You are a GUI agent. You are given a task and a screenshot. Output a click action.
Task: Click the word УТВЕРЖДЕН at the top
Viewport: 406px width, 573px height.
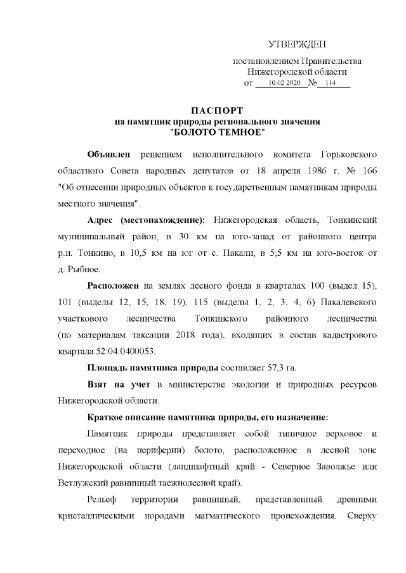(x=297, y=44)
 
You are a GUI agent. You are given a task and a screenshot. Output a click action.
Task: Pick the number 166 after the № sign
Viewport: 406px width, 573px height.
(x=370, y=172)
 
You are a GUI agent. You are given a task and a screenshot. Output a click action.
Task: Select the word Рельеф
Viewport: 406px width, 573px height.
(x=102, y=499)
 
